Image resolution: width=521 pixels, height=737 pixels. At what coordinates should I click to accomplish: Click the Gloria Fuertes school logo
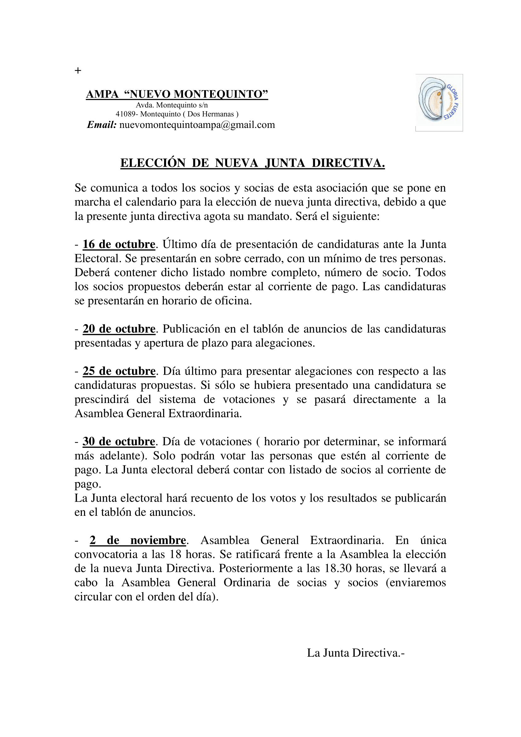(x=439, y=103)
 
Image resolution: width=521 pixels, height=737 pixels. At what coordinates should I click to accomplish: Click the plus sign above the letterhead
(x=77, y=71)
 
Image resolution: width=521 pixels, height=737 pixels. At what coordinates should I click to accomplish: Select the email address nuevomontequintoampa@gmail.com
(x=197, y=125)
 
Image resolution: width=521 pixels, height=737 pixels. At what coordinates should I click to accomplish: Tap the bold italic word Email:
(x=102, y=125)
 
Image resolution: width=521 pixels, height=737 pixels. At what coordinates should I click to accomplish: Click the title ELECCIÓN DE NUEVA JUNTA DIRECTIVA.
(x=253, y=163)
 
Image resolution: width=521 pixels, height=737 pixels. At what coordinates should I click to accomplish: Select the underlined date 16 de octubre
(x=119, y=245)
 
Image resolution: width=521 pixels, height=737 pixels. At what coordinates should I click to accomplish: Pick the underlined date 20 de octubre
(x=119, y=329)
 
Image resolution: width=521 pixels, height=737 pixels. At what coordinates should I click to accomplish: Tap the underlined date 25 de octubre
(x=119, y=371)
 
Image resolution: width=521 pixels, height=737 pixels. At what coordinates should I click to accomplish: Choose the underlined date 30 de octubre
(x=119, y=442)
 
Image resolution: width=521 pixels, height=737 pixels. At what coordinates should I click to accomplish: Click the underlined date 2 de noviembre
(x=138, y=541)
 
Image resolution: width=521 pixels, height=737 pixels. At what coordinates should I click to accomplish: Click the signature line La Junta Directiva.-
(x=356, y=653)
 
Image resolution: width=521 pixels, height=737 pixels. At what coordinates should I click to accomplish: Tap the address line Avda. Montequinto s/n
(x=172, y=105)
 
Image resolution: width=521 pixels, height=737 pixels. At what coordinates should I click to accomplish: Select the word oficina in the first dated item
(x=232, y=301)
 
